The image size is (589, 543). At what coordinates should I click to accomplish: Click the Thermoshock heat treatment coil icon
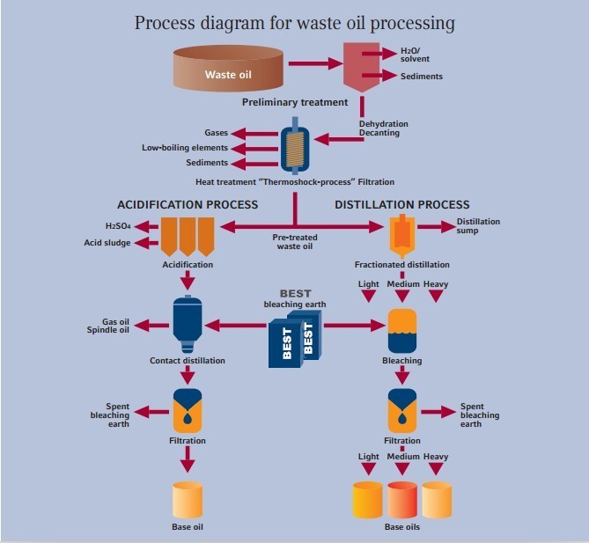click(x=293, y=147)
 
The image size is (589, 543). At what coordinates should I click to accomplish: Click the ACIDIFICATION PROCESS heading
click(x=188, y=205)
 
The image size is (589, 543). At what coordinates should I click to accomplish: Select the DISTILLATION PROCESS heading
click(x=402, y=205)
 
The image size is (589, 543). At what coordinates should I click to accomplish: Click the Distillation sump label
click(x=478, y=227)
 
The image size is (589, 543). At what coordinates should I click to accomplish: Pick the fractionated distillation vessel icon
click(x=402, y=234)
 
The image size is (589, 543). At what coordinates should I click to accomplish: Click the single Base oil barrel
click(x=187, y=499)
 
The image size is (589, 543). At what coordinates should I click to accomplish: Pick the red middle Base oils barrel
click(x=401, y=499)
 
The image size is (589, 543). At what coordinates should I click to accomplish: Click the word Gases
click(x=216, y=133)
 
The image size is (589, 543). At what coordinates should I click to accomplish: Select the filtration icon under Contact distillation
click(x=187, y=408)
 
